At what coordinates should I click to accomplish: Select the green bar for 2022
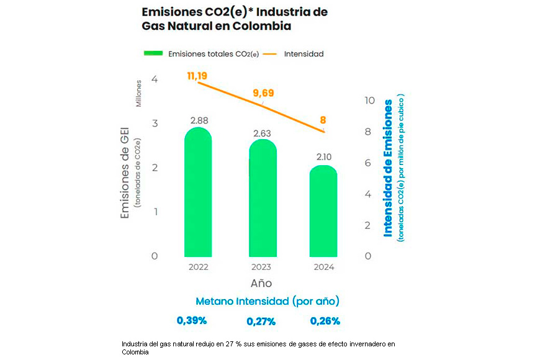point(198,192)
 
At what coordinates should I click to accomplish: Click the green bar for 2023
point(262,199)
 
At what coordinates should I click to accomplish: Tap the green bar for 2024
point(323,211)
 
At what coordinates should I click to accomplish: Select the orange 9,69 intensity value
point(263,94)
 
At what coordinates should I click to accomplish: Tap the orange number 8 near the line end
point(323,120)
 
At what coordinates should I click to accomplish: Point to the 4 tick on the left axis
point(154,79)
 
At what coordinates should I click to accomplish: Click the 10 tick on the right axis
point(369,101)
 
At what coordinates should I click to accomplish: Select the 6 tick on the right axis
point(369,163)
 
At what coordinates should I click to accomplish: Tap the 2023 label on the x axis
point(261,268)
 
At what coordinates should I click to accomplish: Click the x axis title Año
point(261,284)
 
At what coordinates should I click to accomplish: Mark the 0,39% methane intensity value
point(191,321)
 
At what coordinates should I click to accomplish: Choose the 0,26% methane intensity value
point(325,321)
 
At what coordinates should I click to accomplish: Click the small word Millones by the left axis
point(139,93)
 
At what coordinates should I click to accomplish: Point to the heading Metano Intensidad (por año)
point(267,301)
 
